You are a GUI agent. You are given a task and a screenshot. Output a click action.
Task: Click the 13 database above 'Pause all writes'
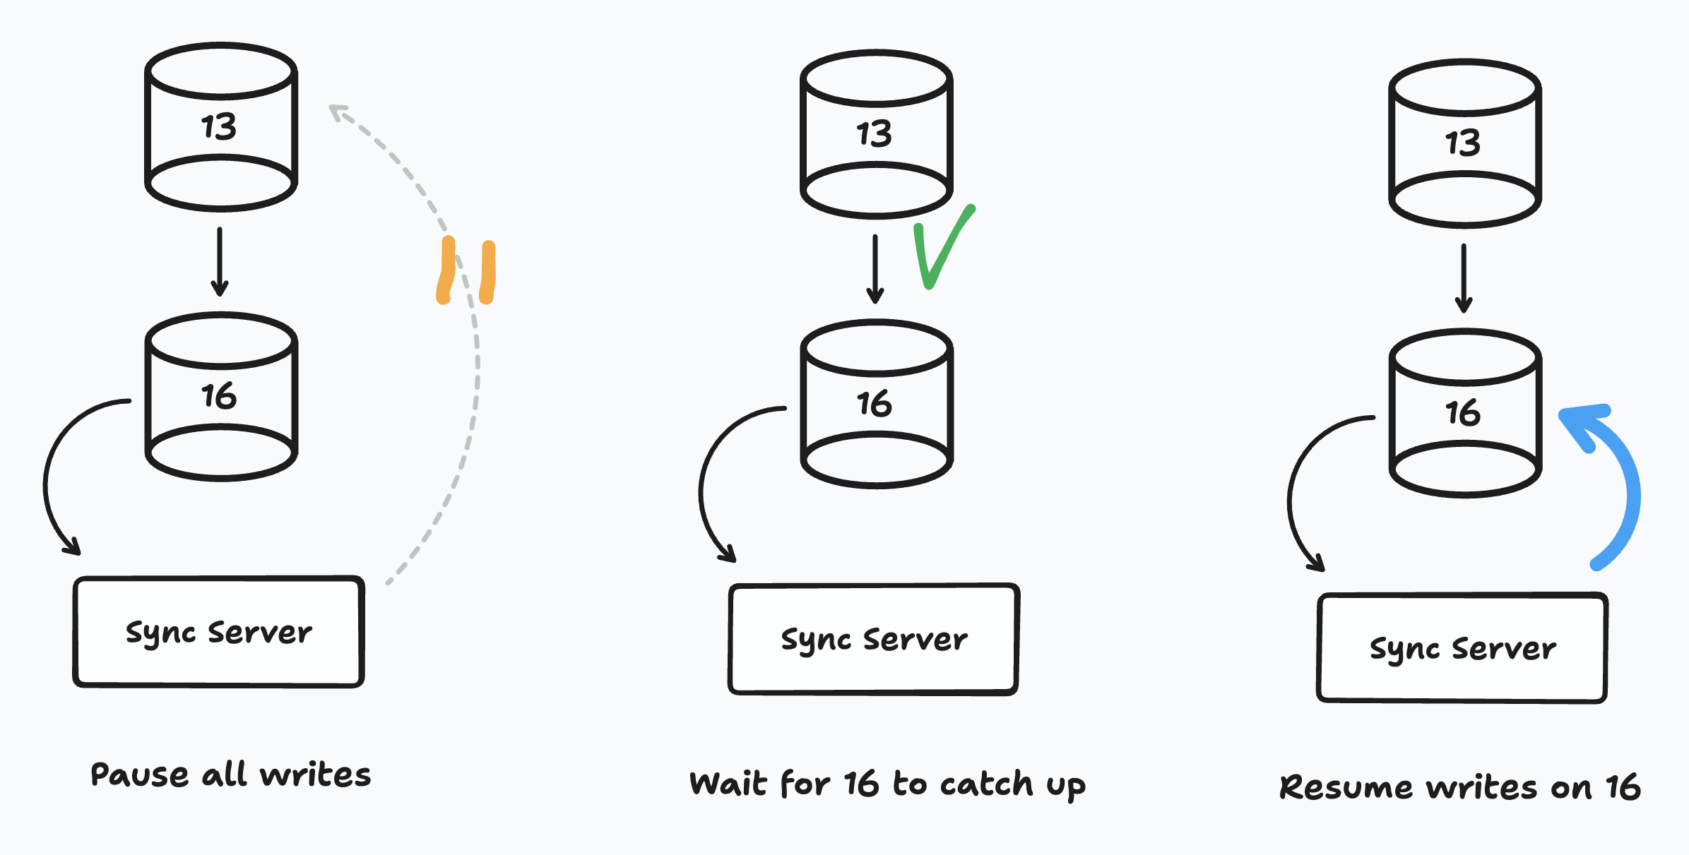pyautogui.click(x=221, y=127)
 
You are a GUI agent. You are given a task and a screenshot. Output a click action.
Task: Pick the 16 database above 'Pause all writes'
pyautogui.click(x=221, y=397)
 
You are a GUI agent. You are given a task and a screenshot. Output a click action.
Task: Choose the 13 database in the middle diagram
pyautogui.click(x=877, y=134)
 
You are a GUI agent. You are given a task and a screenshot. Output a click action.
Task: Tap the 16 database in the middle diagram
pyautogui.click(x=877, y=404)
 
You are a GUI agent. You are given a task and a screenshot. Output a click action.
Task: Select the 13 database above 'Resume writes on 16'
pyautogui.click(x=1465, y=143)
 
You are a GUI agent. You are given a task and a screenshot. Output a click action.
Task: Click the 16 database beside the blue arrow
pyautogui.click(x=1465, y=413)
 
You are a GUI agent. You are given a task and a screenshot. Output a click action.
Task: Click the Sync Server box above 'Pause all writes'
pyautogui.click(x=219, y=632)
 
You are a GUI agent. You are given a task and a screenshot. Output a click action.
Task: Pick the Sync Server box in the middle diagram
pyautogui.click(x=874, y=639)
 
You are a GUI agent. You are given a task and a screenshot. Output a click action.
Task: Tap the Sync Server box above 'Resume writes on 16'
pyautogui.click(x=1462, y=648)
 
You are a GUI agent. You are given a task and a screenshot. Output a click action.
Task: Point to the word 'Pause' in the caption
pyautogui.click(x=139, y=775)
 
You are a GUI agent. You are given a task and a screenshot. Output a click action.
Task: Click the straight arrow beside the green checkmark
pyautogui.click(x=875, y=268)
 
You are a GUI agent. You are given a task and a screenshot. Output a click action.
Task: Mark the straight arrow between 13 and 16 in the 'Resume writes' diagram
pyautogui.click(x=1464, y=278)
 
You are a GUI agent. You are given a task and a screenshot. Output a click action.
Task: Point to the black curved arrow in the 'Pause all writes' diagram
pyautogui.click(x=53, y=480)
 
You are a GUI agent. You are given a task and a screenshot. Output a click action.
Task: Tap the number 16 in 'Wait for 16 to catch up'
pyautogui.click(x=862, y=784)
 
